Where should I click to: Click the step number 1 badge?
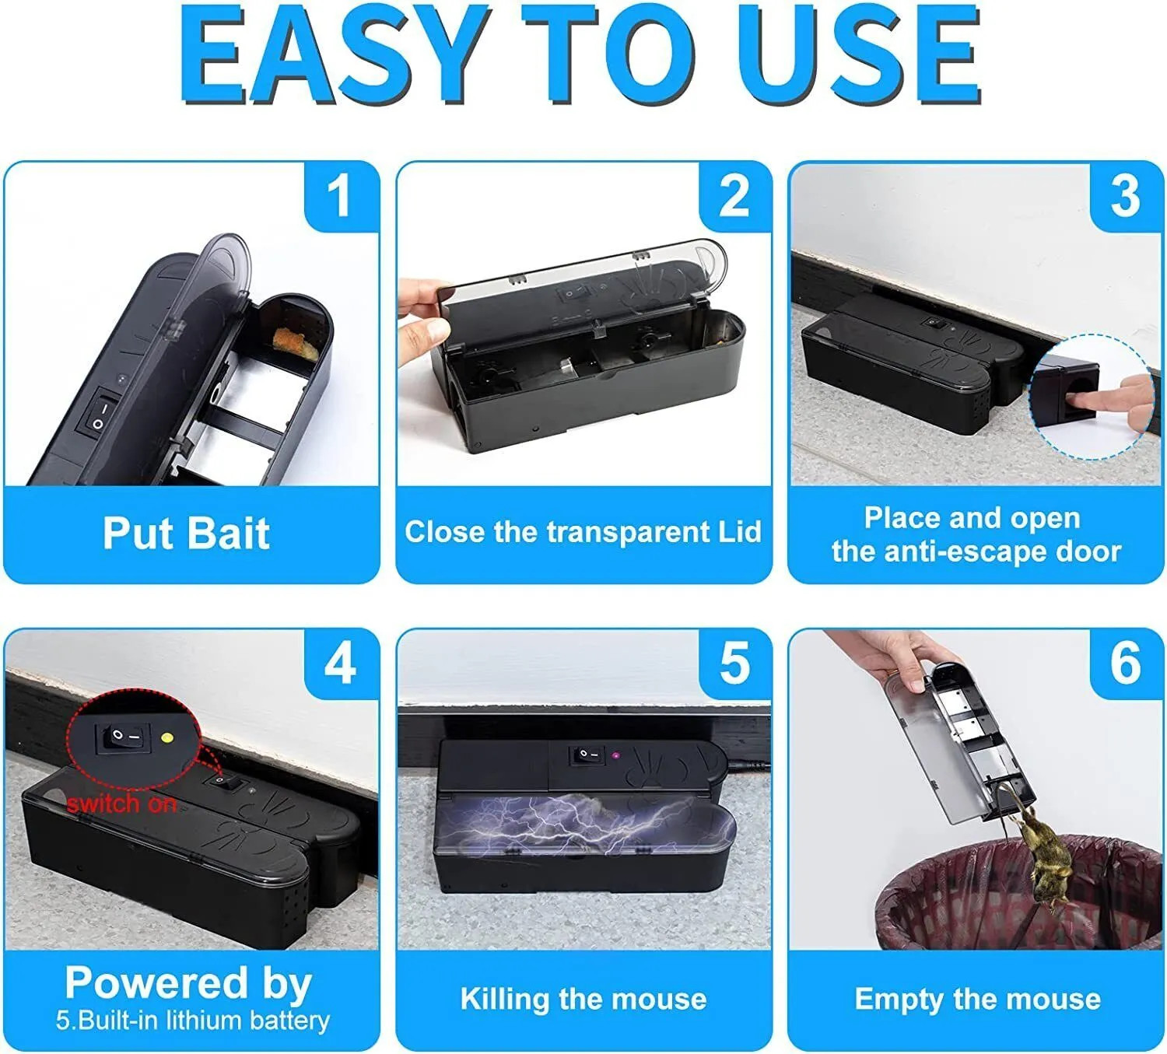340,195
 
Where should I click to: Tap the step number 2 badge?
734,195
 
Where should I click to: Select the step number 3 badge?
1126,195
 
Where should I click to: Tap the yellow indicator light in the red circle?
166,736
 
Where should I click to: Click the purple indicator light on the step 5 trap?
615,755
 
